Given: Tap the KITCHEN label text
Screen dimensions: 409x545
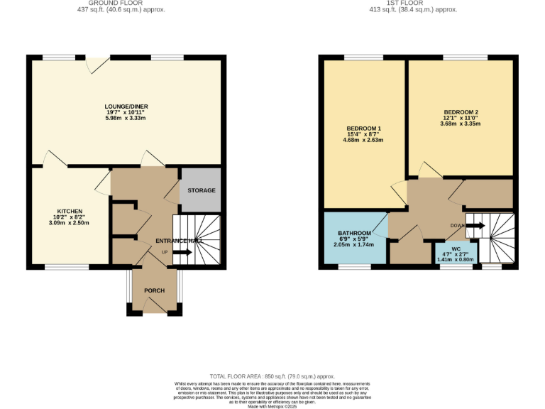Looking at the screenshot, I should coord(71,211).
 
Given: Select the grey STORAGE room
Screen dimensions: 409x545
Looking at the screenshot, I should coord(202,190).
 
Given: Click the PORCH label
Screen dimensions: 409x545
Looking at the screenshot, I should coord(154,290).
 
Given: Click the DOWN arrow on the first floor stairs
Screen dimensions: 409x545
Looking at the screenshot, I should coord(474,226).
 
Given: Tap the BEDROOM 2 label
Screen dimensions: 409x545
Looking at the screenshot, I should coord(461,111).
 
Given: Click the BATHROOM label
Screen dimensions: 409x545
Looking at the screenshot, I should coord(354,233).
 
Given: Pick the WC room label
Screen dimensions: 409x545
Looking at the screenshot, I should coord(456,249).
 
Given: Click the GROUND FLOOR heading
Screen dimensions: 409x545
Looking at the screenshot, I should coord(126,4).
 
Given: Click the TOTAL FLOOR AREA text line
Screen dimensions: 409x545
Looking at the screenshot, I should coord(272,376).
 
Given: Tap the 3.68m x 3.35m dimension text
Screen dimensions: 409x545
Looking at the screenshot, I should coord(461,124).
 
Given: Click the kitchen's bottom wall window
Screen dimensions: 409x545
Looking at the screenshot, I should coord(67,267).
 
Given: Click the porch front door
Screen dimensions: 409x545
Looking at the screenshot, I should coord(154,307).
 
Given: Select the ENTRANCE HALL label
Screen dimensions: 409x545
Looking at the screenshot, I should coord(179,241).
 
